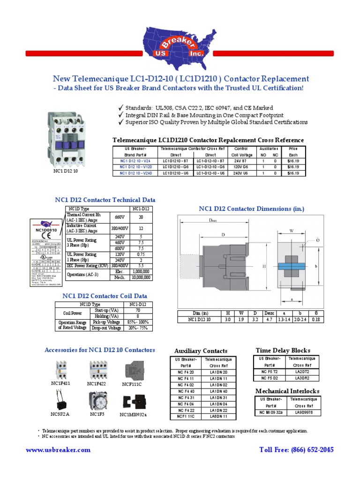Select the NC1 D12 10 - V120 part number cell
click(135, 166)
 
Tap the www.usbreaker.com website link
click(58, 450)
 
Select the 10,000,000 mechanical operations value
click(141, 277)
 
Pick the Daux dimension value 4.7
click(269, 319)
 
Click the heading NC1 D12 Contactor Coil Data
click(105, 296)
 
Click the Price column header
click(293, 149)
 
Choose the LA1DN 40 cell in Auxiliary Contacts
click(218, 391)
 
